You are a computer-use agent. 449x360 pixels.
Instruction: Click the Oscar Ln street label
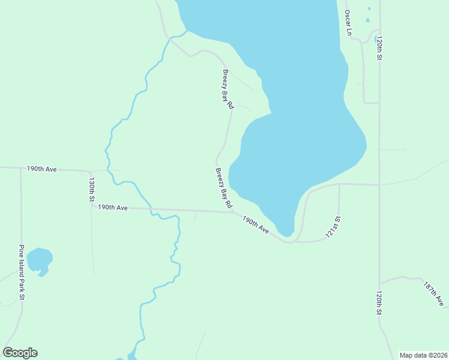click(x=348, y=22)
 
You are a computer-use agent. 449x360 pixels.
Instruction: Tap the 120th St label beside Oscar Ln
click(x=380, y=48)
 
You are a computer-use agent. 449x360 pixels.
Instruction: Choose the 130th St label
click(x=92, y=188)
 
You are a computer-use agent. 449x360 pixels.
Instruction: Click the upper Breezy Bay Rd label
click(x=228, y=89)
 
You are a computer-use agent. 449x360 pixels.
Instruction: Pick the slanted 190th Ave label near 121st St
click(x=256, y=225)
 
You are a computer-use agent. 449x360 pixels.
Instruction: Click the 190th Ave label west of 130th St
click(x=41, y=169)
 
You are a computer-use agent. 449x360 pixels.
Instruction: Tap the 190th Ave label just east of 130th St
click(x=113, y=208)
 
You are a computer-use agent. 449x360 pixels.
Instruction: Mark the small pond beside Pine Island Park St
click(x=40, y=260)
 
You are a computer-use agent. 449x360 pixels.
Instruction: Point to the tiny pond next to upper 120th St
click(x=376, y=39)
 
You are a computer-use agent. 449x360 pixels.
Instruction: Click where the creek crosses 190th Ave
click(x=151, y=209)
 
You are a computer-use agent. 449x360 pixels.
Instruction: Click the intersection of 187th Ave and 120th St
click(x=379, y=283)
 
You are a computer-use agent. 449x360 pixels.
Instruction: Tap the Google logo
click(x=20, y=353)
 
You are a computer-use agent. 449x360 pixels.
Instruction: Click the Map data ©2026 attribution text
click(x=423, y=355)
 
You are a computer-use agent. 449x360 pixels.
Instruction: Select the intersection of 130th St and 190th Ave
click(x=91, y=207)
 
